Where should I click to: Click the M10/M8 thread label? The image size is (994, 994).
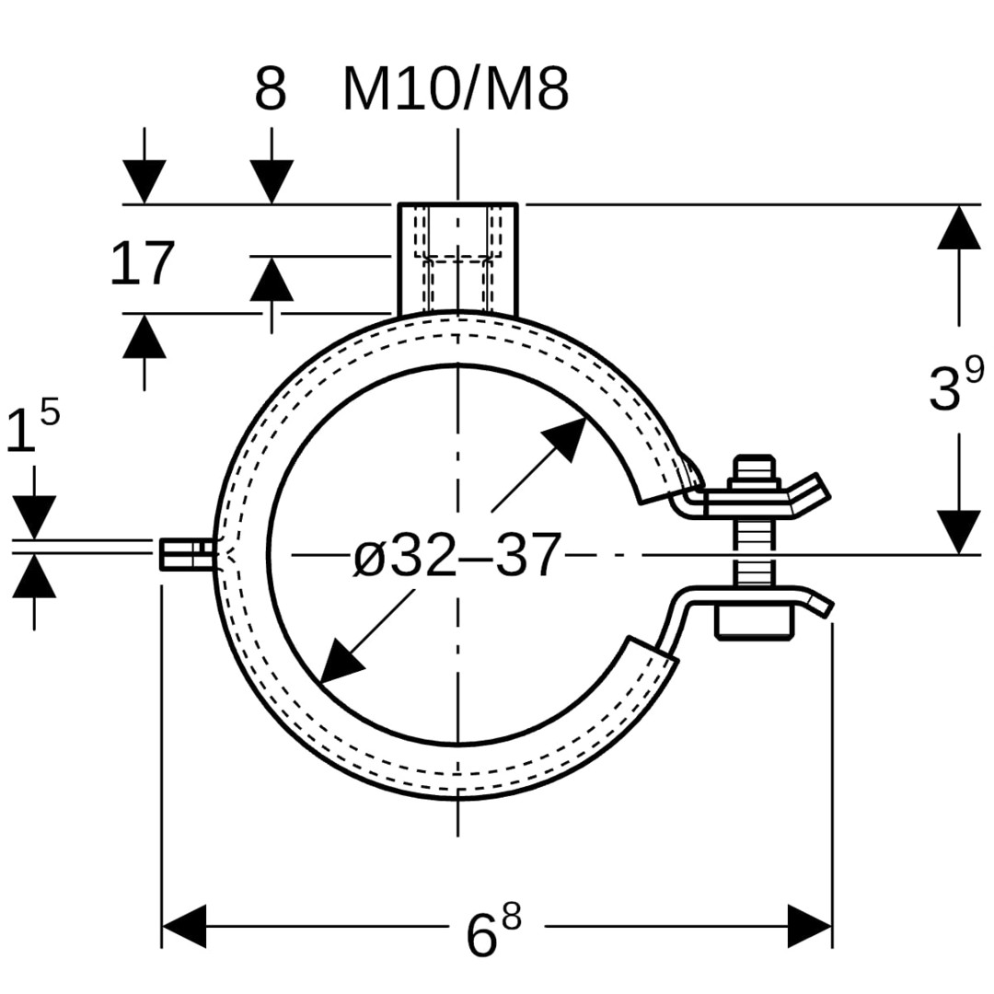coord(456,90)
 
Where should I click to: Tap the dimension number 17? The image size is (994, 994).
coord(142,263)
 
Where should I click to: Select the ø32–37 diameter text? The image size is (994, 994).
coord(457,555)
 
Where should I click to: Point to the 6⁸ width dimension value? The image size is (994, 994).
coord(493,927)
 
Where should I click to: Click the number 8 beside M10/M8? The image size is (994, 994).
coord(271,90)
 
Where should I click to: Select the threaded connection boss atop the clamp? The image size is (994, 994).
coord(457,259)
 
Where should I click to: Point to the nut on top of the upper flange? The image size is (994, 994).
coord(755,472)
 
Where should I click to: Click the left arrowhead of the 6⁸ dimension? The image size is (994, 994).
coord(184,926)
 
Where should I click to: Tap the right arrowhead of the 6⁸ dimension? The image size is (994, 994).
coord(810,926)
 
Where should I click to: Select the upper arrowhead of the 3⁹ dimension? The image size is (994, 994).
coord(959,227)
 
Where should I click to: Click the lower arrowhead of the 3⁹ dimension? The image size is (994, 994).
coord(959,533)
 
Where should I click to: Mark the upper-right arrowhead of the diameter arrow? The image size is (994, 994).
coord(564,439)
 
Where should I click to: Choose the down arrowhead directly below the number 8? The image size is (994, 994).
coord(272,182)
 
